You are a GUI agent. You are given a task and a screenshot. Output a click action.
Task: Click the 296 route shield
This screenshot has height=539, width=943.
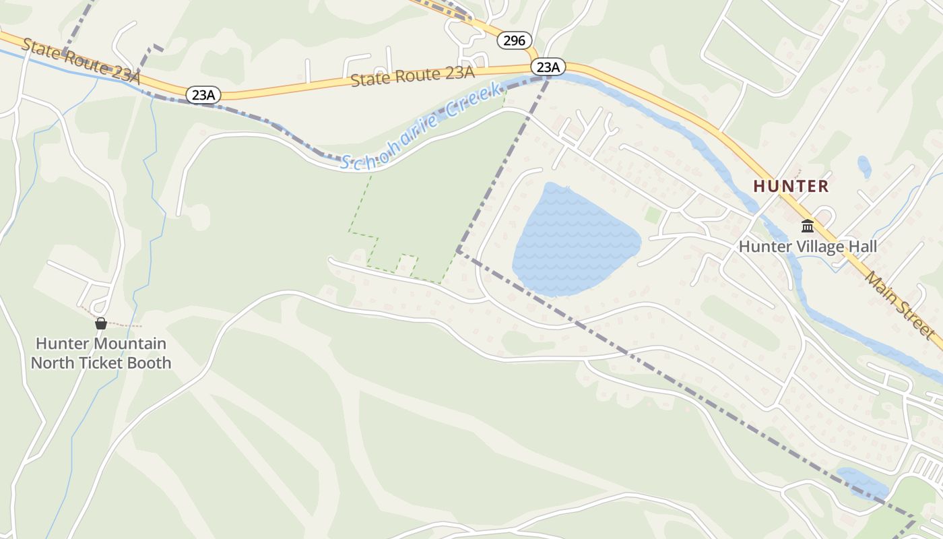(514, 40)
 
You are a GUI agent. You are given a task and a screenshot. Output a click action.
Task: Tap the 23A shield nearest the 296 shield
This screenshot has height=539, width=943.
(548, 67)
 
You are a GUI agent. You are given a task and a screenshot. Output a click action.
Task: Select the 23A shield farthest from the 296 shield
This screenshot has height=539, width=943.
(203, 95)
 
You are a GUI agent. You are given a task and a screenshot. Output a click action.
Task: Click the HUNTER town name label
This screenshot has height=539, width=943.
(791, 186)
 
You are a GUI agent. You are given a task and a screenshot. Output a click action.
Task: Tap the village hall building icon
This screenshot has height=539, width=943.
(807, 226)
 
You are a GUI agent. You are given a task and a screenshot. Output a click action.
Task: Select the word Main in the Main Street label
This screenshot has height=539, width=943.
(880, 286)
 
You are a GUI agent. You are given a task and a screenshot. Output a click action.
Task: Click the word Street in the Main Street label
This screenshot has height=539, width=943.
(917, 320)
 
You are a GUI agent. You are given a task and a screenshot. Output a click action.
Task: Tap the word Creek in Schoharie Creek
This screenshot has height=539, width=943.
(476, 102)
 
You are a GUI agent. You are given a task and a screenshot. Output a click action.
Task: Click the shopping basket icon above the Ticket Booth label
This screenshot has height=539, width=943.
(100, 323)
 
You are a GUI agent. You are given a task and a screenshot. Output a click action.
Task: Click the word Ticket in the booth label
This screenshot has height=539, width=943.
(108, 362)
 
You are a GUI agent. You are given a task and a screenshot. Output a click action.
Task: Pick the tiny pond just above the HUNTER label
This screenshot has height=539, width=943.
(864, 166)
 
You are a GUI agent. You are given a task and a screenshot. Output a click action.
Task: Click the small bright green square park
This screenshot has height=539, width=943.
(652, 216)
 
